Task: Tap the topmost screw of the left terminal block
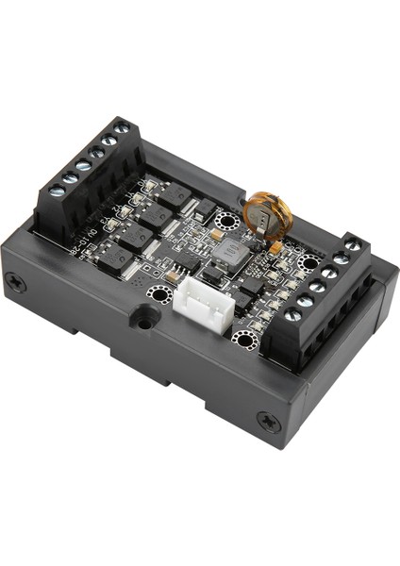121,129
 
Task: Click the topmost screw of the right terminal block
352,245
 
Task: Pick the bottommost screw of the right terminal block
293,315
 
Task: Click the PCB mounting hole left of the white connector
160,294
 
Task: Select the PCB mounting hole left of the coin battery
226,223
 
